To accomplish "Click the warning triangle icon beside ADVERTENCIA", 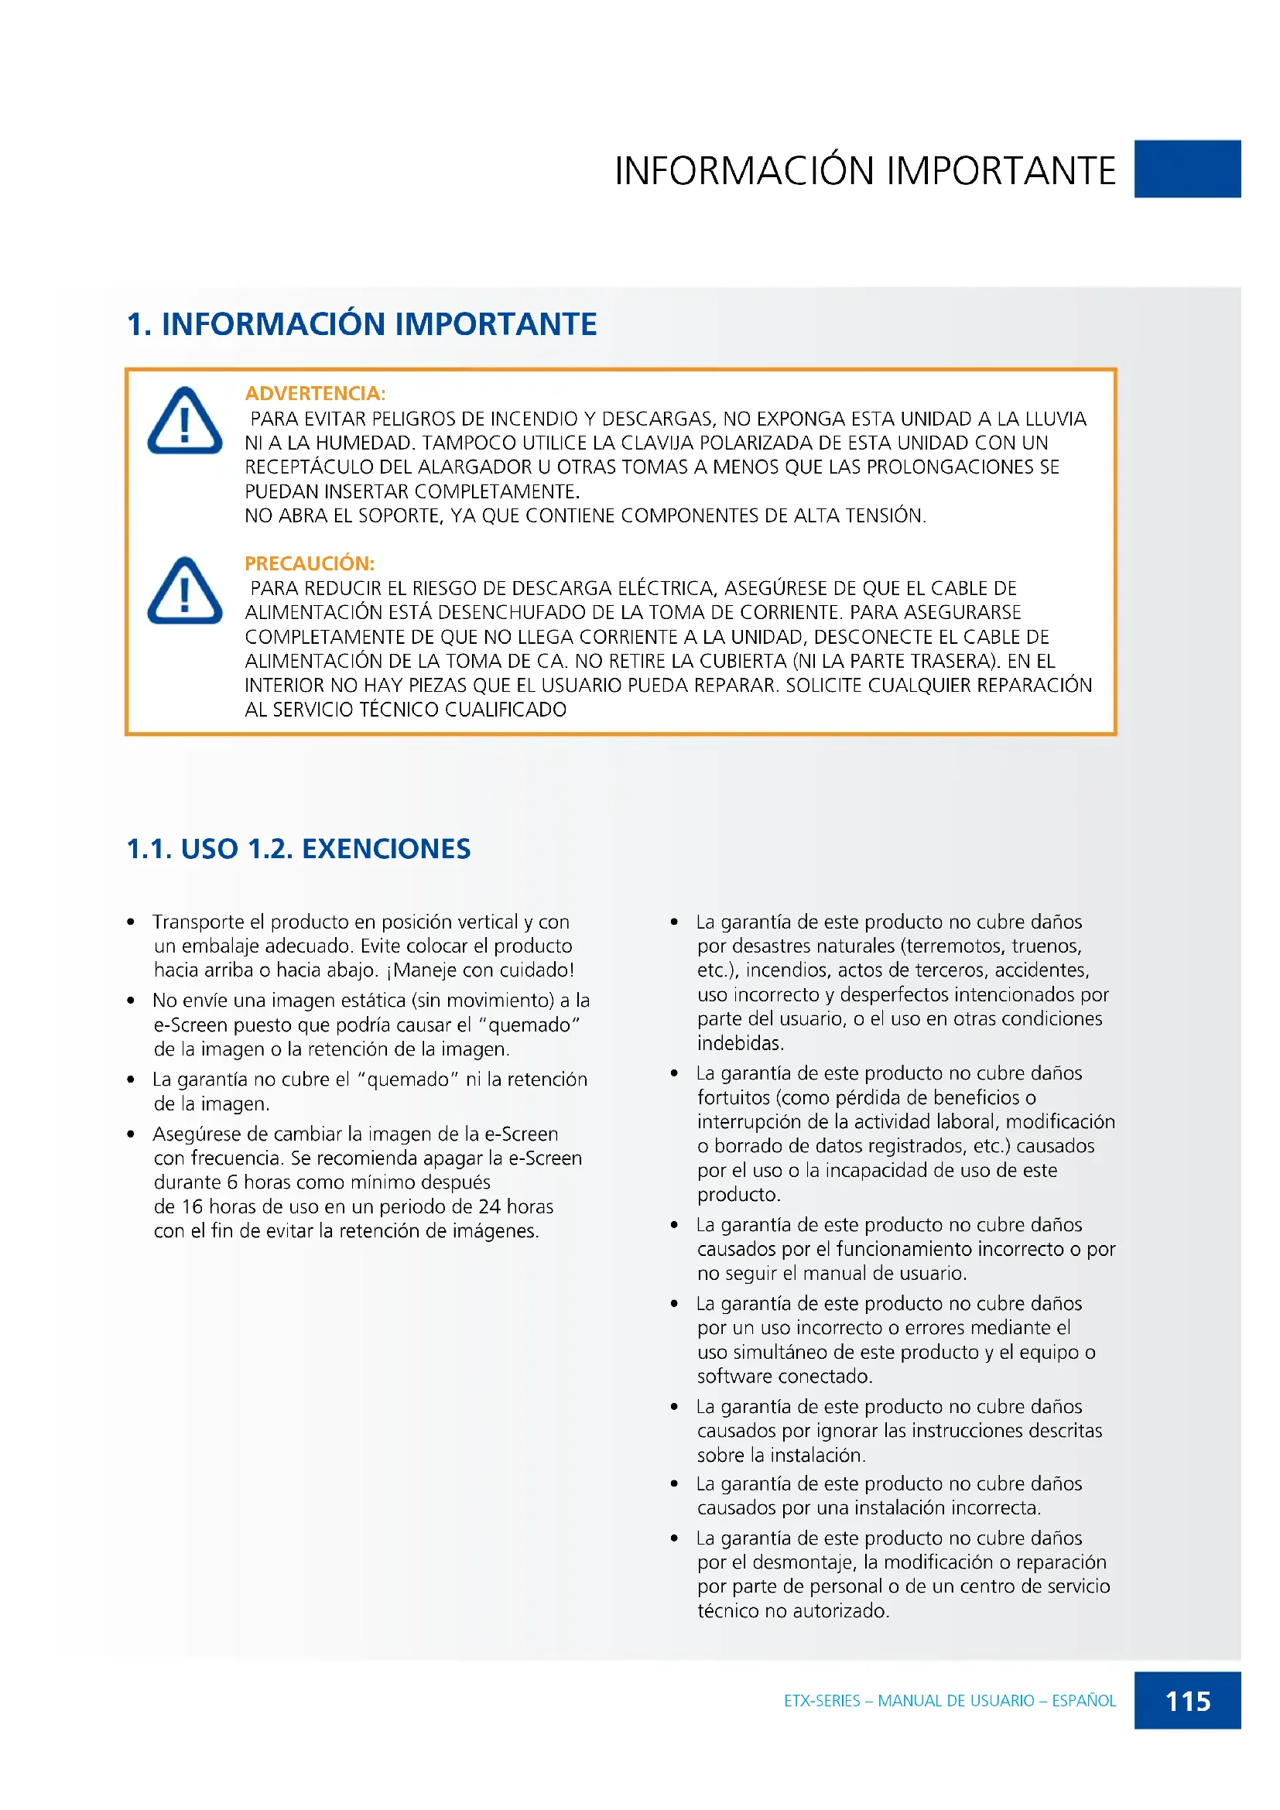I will [184, 422].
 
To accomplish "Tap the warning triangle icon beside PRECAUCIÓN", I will [184, 592].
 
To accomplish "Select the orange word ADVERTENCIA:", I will [315, 393].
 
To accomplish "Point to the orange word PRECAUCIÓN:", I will [309, 563].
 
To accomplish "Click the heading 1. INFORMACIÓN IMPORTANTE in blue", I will [361, 324].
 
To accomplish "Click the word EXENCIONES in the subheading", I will [386, 849].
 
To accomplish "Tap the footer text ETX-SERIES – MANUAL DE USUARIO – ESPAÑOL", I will [949, 1700].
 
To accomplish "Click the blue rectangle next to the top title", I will [1187, 169].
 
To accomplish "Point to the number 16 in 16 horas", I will [193, 1207].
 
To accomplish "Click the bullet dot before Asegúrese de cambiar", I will [131, 1134].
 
